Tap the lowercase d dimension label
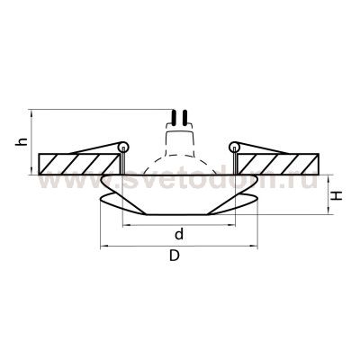179,235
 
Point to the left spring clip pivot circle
123,147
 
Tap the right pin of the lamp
184,117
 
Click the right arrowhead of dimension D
259,246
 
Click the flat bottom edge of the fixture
179,215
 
